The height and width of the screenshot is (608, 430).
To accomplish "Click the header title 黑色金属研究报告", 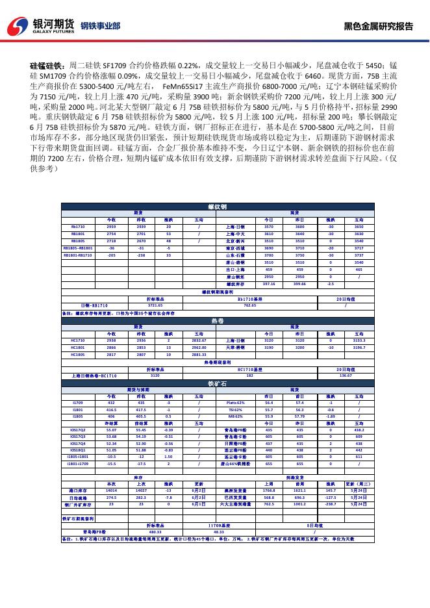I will point(378,26).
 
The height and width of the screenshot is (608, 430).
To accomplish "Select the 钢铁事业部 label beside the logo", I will point(99,26).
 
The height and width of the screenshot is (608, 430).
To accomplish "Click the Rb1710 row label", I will point(78,227).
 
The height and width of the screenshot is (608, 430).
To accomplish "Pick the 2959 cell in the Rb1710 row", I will point(111,227).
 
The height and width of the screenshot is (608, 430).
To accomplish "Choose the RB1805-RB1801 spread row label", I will point(78,247).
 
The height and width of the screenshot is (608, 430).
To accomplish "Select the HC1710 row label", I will point(78,340).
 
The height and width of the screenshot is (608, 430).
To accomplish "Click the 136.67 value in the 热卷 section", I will point(345,375).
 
